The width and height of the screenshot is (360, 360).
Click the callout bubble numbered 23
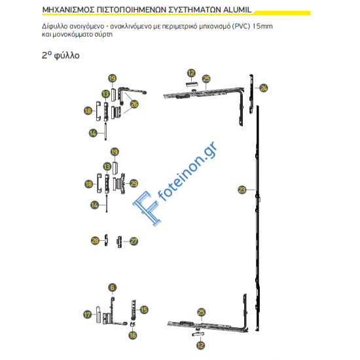[242, 190]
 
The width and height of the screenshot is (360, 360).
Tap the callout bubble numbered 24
[264, 88]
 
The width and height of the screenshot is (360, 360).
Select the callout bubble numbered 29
[134, 183]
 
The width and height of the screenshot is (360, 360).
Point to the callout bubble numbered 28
[95, 241]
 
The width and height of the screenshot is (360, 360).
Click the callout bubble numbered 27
[134, 241]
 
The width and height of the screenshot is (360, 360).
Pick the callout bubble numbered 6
[112, 287]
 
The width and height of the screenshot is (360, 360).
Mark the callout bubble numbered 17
[88, 315]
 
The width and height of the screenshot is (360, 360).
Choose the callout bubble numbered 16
[133, 335]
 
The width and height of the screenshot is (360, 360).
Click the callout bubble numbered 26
[134, 103]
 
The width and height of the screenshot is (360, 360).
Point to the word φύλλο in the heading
[67, 56]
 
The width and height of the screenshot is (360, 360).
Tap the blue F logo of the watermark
[143, 205]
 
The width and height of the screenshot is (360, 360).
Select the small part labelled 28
[105, 241]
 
